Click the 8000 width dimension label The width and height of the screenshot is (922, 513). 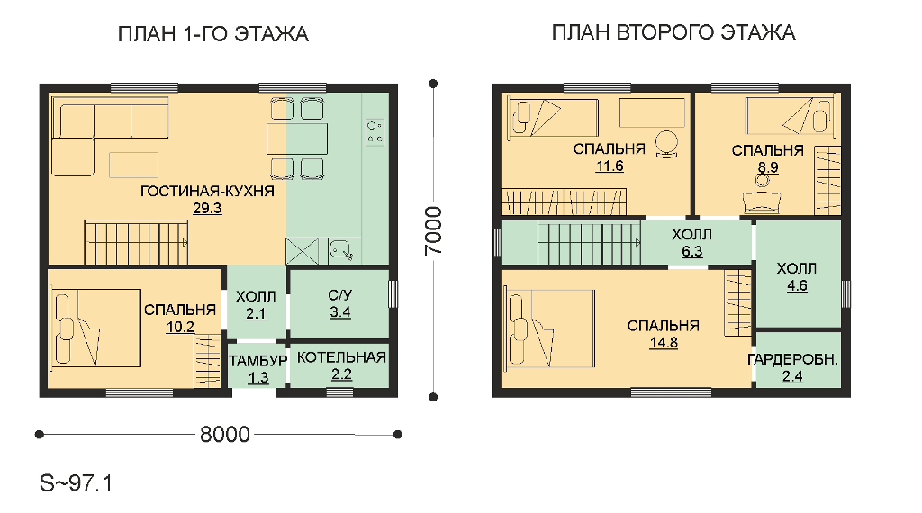(x=224, y=435)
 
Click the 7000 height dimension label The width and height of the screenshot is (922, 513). (x=433, y=231)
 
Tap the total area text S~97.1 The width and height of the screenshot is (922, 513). (x=76, y=483)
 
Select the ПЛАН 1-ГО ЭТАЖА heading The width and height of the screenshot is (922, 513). (x=212, y=34)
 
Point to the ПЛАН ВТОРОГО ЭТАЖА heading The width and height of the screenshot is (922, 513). (x=673, y=32)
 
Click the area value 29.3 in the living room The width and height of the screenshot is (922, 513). (x=207, y=208)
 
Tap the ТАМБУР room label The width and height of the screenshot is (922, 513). (x=258, y=360)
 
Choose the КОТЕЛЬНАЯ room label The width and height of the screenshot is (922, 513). (x=341, y=357)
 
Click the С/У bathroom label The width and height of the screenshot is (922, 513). (x=339, y=295)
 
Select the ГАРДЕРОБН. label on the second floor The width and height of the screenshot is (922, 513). (x=792, y=359)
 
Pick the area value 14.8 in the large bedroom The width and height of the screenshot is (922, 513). (x=664, y=343)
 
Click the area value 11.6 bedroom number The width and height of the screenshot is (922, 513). (x=610, y=166)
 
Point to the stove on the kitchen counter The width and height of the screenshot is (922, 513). (x=375, y=132)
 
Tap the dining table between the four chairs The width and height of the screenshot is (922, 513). (x=297, y=139)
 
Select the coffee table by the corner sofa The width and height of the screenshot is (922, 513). (x=133, y=165)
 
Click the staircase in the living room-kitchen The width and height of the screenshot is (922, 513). (x=136, y=243)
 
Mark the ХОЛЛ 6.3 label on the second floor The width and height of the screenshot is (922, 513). (x=692, y=243)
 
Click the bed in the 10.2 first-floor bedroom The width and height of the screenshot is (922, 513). (x=95, y=328)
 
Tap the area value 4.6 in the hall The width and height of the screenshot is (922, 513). (x=797, y=285)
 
